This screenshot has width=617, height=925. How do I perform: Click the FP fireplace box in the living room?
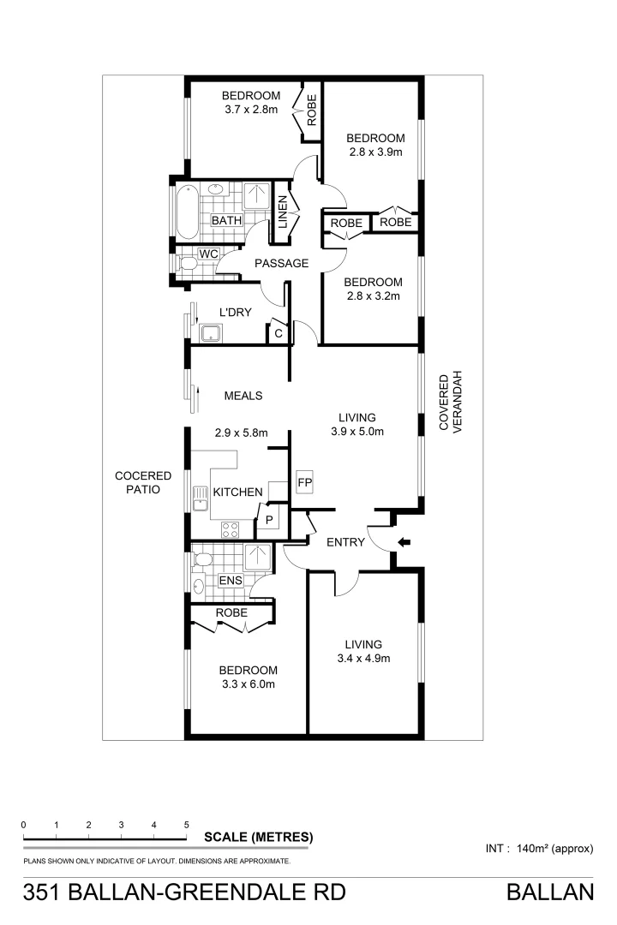coord(304,482)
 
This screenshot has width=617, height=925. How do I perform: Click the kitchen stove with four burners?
coord(231,529)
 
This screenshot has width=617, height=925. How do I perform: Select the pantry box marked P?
coord(268,519)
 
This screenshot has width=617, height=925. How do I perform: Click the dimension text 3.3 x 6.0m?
coord(248,684)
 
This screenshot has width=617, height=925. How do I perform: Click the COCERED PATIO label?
coord(144,482)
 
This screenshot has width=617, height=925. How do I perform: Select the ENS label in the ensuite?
coord(231,581)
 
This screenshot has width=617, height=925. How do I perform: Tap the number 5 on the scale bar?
coord(186,825)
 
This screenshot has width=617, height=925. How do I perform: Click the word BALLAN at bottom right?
coord(550,893)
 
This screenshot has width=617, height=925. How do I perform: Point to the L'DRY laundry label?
coord(235,313)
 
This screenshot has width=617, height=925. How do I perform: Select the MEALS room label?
coord(243,396)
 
